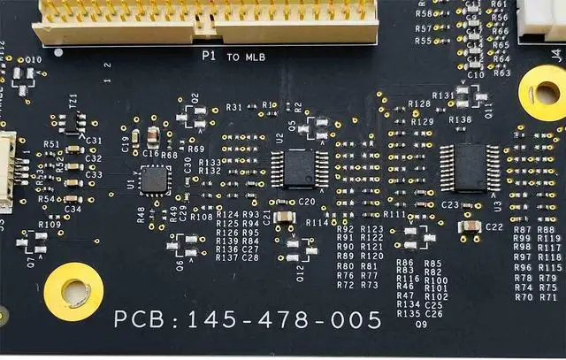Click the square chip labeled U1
click(155, 180)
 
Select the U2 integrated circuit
click(291, 169)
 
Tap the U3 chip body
click(468, 167)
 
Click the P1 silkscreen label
click(209, 56)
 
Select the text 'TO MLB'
click(245, 57)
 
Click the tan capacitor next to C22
click(470, 226)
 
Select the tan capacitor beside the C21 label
click(284, 217)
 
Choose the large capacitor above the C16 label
click(153, 136)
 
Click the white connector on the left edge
click(6, 172)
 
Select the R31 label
click(234, 107)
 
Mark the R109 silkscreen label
click(50, 225)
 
